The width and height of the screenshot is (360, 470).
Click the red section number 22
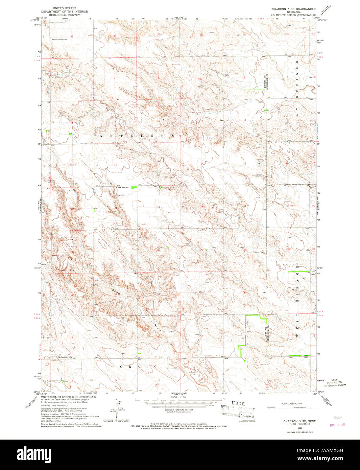click(x=158, y=207)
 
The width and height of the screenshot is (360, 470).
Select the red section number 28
click(x=116, y=251)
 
